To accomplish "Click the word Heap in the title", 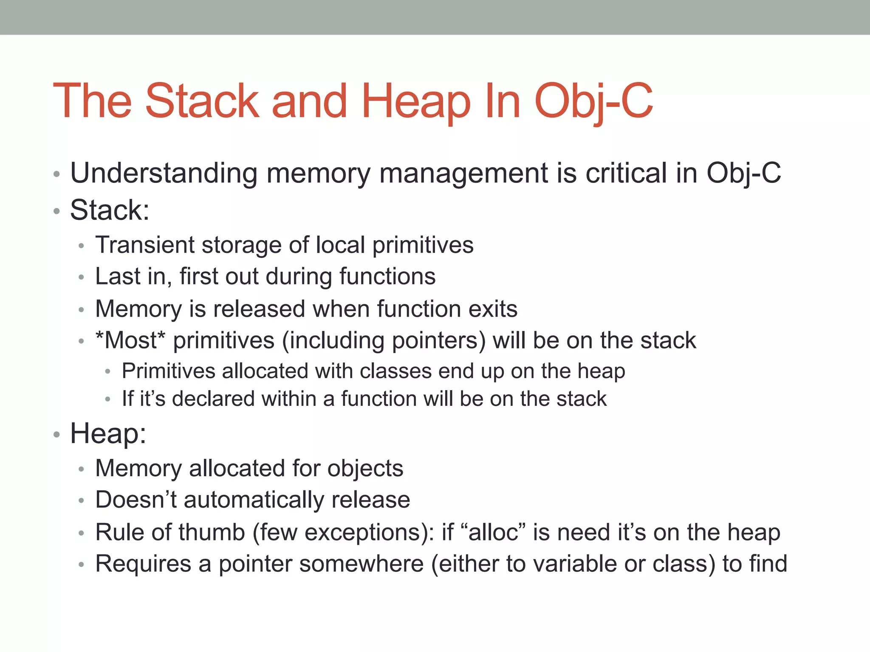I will (415, 102).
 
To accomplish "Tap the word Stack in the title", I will (202, 102).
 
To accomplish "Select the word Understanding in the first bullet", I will (164, 174).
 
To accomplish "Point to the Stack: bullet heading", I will (110, 210).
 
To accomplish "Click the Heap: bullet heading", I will (108, 434).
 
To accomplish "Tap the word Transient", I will (144, 245).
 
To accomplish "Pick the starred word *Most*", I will (130, 340).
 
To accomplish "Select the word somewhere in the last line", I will (321, 564).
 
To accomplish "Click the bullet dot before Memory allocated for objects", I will (82, 469).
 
